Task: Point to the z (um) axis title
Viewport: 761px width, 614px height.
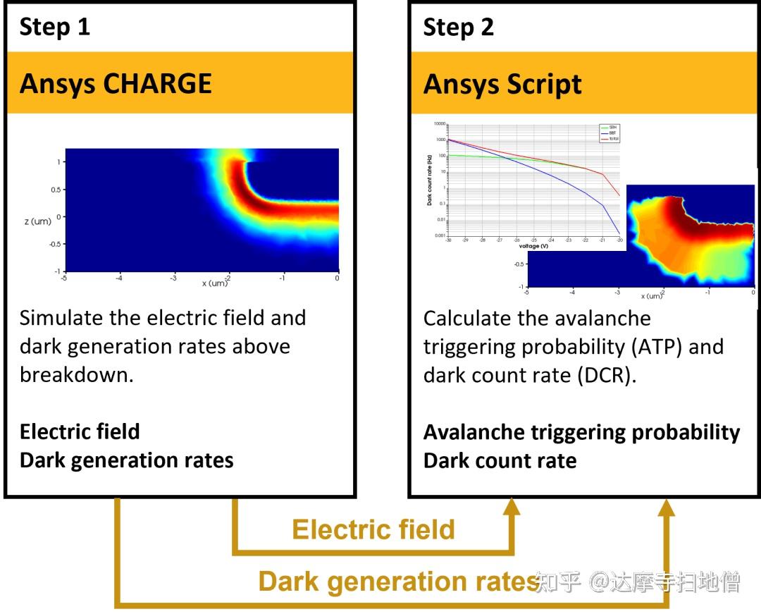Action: (37, 221)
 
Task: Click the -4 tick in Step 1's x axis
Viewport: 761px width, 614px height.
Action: (119, 278)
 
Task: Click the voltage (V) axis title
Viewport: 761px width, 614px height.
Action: (533, 247)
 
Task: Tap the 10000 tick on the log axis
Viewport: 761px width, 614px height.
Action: (440, 124)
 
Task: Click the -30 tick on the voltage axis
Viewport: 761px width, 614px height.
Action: (448, 241)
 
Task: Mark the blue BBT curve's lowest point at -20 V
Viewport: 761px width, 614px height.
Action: (619, 233)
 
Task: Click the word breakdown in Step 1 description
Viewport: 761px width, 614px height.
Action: (76, 374)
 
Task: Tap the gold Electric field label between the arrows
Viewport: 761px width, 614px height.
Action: (373, 529)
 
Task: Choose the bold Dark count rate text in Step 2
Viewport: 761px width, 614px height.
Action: (500, 460)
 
